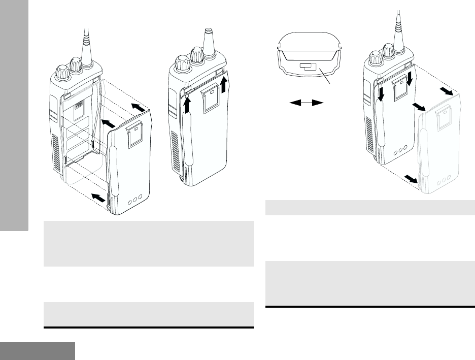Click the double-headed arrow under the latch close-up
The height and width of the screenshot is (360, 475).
pyautogui.click(x=307, y=103)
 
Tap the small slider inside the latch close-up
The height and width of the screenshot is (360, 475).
pyautogui.click(x=308, y=67)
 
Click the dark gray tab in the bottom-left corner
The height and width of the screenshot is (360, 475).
pyautogui.click(x=38, y=351)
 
